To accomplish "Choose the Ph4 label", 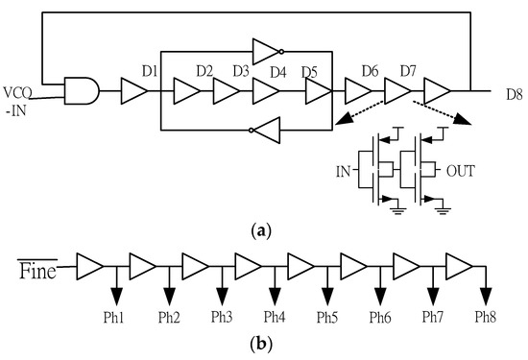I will tap(276, 315).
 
